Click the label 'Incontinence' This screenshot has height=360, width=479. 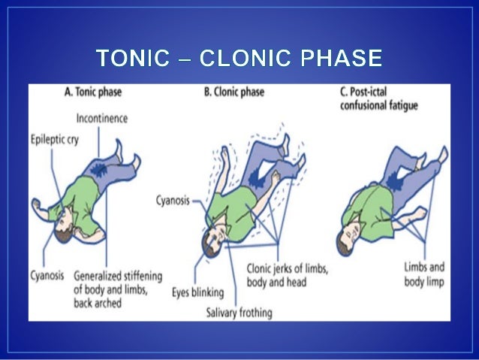(102, 118)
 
